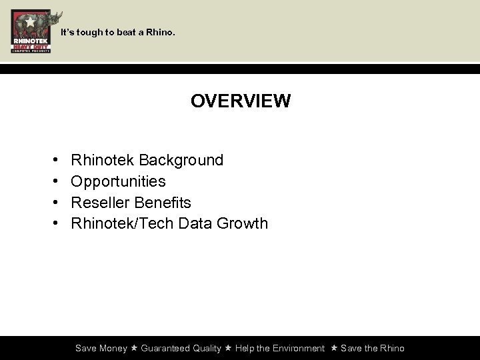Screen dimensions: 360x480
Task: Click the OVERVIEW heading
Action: pyautogui.click(x=240, y=101)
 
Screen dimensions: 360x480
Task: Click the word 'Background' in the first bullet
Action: pyautogui.click(x=181, y=160)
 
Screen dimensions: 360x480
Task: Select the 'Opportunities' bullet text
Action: pyautogui.click(x=118, y=181)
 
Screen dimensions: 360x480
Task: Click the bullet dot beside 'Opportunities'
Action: pyautogui.click(x=53, y=181)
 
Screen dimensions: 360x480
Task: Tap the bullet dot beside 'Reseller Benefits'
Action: pyautogui.click(x=53, y=202)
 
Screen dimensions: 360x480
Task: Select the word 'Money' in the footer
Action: pyautogui.click(x=113, y=348)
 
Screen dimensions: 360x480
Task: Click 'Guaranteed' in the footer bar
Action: pyautogui.click(x=165, y=348)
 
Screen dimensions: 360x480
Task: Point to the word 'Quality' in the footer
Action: pyautogui.click(x=207, y=348)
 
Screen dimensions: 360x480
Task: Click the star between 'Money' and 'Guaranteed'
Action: pyautogui.click(x=134, y=348)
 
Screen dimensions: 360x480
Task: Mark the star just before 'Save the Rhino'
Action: pyautogui.click(x=334, y=348)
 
